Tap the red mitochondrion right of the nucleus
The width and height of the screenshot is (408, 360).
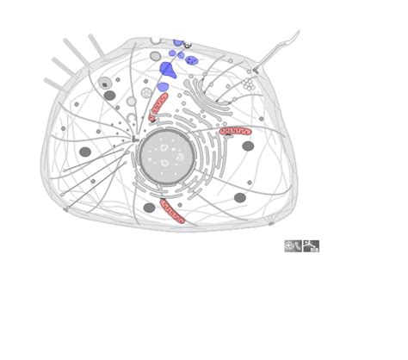(x=235, y=132)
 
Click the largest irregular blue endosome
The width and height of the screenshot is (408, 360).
(x=168, y=70)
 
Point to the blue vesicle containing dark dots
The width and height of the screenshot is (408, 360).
(x=192, y=60)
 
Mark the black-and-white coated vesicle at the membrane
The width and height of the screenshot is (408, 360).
(x=187, y=44)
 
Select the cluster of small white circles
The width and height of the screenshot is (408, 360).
(x=248, y=84)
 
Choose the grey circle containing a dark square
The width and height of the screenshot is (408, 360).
(x=105, y=84)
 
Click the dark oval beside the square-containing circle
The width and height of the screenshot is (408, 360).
(x=110, y=96)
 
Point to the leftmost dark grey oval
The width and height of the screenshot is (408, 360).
(x=85, y=152)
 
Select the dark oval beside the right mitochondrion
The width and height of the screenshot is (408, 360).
(x=248, y=146)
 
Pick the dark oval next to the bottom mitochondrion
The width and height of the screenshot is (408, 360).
(x=149, y=208)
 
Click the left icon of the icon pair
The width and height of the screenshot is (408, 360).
(x=294, y=246)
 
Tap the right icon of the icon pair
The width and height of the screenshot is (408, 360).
(x=311, y=246)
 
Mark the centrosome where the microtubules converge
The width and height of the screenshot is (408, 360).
(x=134, y=138)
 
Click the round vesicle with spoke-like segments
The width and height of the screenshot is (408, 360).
(x=146, y=92)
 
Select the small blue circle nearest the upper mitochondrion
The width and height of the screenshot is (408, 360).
(x=162, y=87)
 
